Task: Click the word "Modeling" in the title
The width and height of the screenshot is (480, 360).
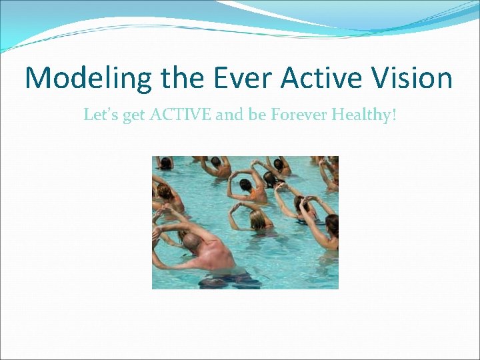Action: [x=89, y=78]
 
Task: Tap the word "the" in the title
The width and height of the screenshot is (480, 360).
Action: [x=187, y=77]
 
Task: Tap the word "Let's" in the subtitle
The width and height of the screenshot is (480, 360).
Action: [x=101, y=115]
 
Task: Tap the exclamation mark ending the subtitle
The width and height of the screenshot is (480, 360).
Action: [x=395, y=115]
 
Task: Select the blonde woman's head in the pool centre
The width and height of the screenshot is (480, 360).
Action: [x=258, y=220]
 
